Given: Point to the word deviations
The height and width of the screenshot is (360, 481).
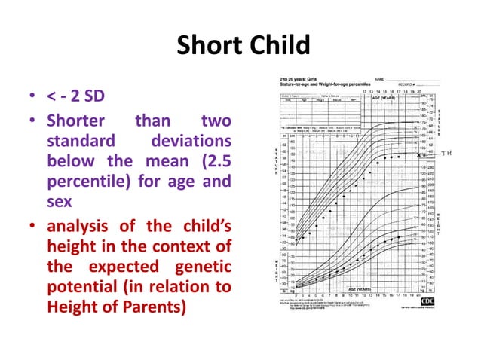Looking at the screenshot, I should click(191, 142).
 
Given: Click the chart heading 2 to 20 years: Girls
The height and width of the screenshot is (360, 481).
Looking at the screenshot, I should click(300, 78).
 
